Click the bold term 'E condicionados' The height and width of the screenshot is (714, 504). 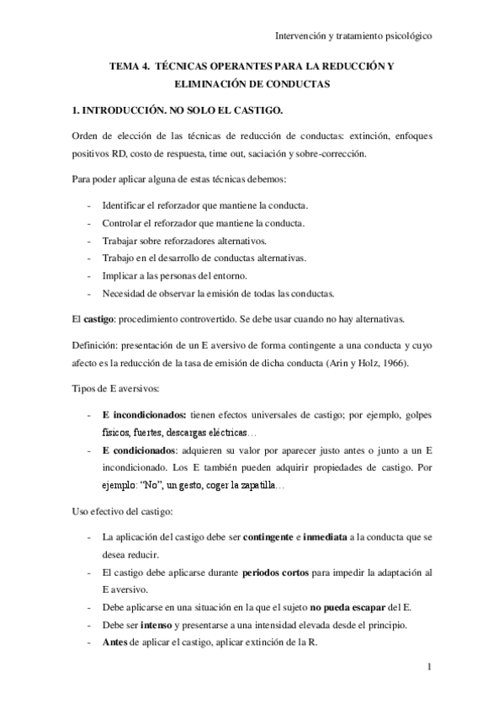[136, 450]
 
